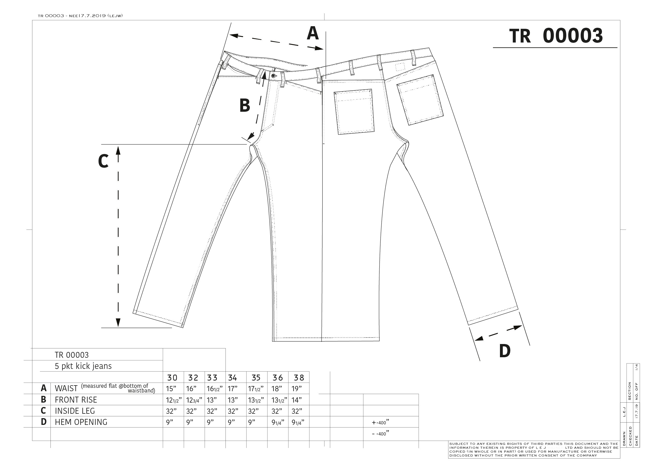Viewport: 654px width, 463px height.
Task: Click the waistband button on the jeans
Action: [x=274, y=76]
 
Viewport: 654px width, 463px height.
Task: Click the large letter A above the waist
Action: [x=313, y=33]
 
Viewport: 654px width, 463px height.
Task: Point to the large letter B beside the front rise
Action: [x=245, y=105]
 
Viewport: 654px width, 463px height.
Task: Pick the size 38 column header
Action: [x=299, y=378]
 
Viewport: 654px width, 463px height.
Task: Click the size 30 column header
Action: [x=172, y=378]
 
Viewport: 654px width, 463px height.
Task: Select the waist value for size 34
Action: [x=232, y=389]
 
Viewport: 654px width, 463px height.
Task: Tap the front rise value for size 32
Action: [x=194, y=400]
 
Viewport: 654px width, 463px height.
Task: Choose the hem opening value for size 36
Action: [x=278, y=423]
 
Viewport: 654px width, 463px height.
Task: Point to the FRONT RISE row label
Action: [x=76, y=400]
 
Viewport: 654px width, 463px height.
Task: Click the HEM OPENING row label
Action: [x=81, y=422]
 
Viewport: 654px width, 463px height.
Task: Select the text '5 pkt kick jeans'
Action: [x=83, y=366]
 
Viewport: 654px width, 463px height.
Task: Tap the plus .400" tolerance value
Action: [x=381, y=422]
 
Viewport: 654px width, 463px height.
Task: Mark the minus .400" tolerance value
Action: [x=381, y=434]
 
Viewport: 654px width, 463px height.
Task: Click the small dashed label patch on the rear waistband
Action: [x=400, y=67]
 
